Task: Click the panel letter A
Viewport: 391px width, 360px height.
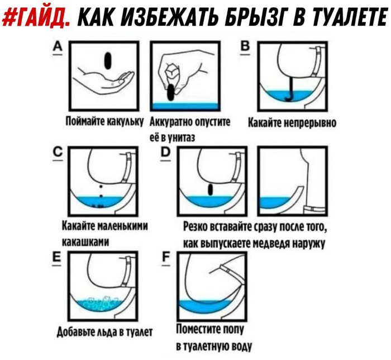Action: pyautogui.click(x=58, y=47)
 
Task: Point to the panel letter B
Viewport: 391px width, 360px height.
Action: pyautogui.click(x=245, y=46)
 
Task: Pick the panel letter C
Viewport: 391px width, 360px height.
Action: pyautogui.click(x=58, y=153)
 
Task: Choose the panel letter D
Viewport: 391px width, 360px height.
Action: pyautogui.click(x=165, y=153)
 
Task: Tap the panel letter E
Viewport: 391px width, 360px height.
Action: pyautogui.click(x=56, y=258)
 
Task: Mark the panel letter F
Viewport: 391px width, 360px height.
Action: pyautogui.click(x=166, y=258)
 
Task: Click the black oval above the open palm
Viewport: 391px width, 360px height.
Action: pyautogui.click(x=108, y=60)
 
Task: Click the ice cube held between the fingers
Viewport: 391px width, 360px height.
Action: pyautogui.click(x=172, y=70)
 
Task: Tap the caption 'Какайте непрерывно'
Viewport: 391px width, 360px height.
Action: pyautogui.click(x=292, y=122)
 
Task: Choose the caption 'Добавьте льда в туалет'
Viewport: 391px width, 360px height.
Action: pyautogui.click(x=104, y=332)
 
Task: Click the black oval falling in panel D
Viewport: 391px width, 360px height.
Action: pyautogui.click(x=211, y=190)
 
